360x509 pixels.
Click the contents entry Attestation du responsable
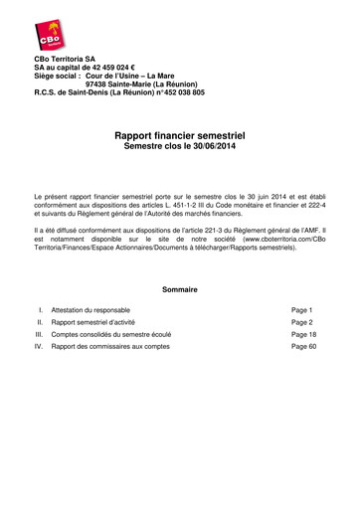91,310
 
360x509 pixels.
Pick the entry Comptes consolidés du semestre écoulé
110,335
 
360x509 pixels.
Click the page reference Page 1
301,310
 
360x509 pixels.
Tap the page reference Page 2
301,323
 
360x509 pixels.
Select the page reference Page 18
303,335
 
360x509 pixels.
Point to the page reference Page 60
303,347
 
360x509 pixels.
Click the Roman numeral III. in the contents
40,335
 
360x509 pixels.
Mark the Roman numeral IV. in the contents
40,347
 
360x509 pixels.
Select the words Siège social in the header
56,76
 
